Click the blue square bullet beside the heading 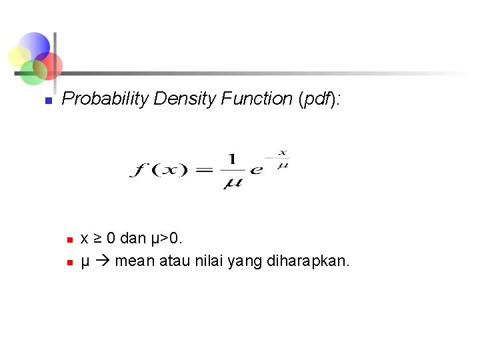47,101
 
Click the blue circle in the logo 33,47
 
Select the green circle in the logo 32,72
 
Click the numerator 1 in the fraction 232,159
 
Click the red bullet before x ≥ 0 68,239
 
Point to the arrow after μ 102,261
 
